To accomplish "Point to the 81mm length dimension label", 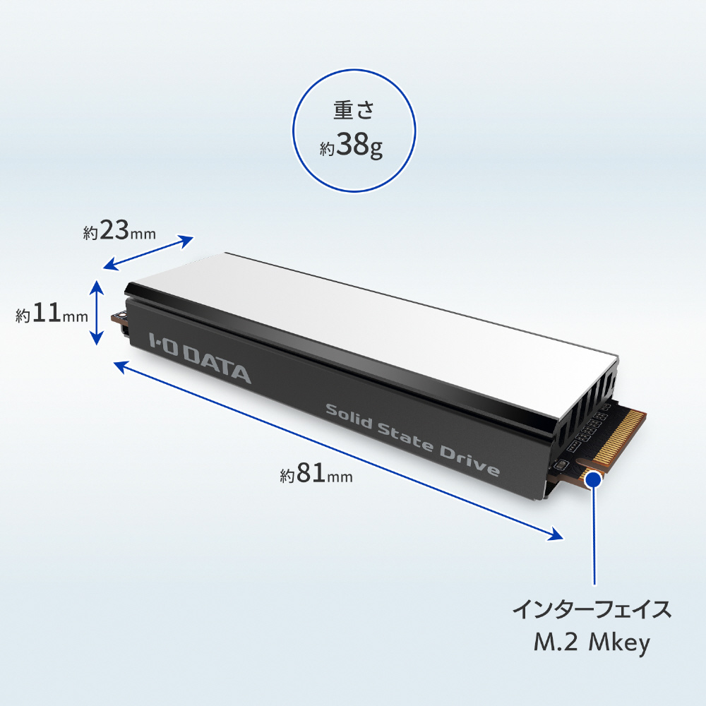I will pos(316,475).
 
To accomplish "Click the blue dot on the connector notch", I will pos(594,479).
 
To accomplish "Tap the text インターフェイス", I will pos(592,611).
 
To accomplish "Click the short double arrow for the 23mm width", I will pos(148,252).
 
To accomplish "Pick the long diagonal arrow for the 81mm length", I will pos(339,449).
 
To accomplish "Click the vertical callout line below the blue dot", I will pos(594,537).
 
